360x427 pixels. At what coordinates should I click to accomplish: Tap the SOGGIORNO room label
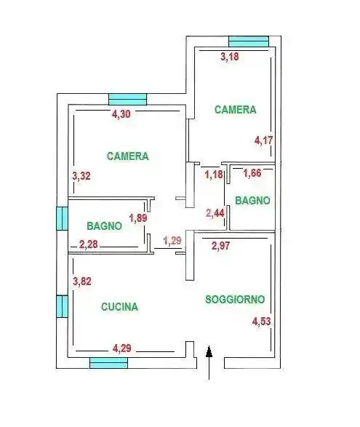click(234, 299)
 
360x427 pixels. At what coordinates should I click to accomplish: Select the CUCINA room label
click(119, 307)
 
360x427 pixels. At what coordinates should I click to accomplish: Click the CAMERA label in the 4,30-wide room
click(127, 156)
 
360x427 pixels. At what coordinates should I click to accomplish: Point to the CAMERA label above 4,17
click(235, 110)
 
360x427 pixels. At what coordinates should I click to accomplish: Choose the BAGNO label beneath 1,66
click(252, 200)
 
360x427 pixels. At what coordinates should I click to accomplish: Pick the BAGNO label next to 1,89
click(103, 226)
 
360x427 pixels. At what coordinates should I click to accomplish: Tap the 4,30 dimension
click(122, 113)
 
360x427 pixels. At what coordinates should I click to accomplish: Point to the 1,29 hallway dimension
click(173, 240)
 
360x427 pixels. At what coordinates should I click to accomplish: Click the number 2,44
click(215, 213)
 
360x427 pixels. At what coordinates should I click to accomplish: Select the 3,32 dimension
click(81, 175)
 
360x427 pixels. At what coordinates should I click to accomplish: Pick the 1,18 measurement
click(213, 175)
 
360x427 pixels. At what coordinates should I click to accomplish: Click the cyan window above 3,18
click(248, 41)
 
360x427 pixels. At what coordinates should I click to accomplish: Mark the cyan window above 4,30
click(128, 100)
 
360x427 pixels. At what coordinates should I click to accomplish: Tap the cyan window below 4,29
click(108, 363)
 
